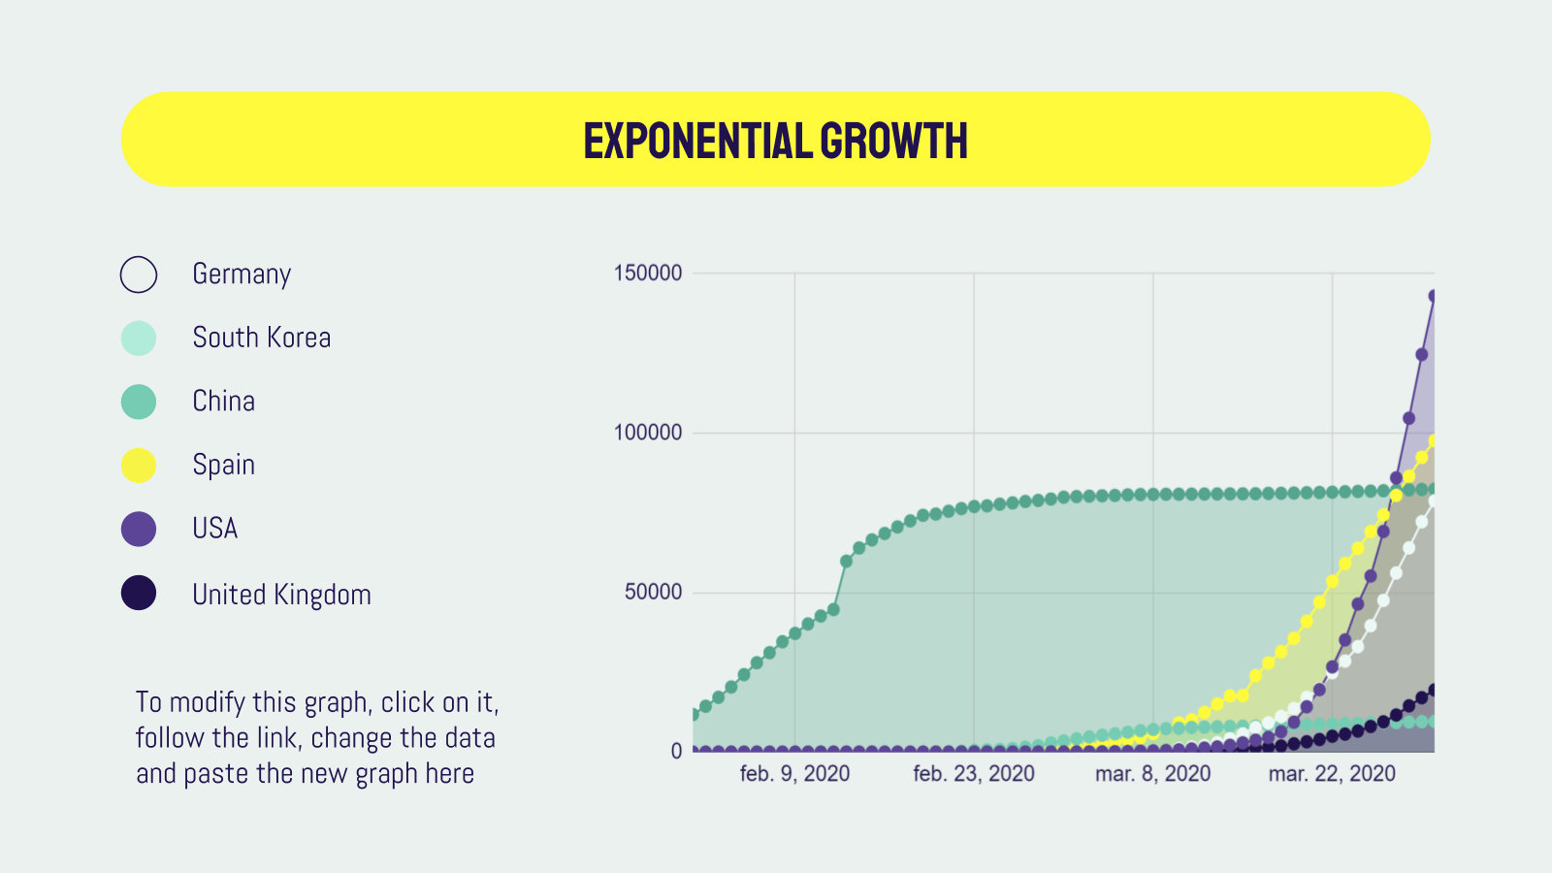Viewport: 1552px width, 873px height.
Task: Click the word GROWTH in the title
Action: click(x=893, y=141)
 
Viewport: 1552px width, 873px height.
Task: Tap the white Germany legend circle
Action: click(x=139, y=275)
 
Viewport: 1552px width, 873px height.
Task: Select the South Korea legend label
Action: click(x=261, y=338)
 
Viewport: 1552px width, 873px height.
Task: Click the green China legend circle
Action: click(x=139, y=402)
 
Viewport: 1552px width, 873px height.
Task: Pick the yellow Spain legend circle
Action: click(x=139, y=466)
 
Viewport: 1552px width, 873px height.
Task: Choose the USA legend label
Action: click(x=214, y=529)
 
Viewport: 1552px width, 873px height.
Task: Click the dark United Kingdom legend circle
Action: click(x=139, y=593)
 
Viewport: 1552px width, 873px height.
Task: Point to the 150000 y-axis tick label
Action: click(x=648, y=274)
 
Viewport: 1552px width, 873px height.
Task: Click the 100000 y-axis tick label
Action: click(x=648, y=433)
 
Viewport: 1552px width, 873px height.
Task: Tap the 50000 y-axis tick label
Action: click(x=653, y=592)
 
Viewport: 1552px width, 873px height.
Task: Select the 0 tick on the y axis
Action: click(x=676, y=752)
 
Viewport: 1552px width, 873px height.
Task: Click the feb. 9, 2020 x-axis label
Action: click(x=794, y=774)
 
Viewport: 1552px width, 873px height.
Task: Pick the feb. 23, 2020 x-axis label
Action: click(x=974, y=774)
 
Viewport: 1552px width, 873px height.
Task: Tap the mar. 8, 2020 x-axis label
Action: click(x=1152, y=774)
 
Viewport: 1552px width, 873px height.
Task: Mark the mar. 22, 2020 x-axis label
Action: click(x=1332, y=774)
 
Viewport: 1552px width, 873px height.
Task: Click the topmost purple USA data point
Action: click(x=1433, y=297)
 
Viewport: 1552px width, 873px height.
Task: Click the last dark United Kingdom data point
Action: click(x=1433, y=691)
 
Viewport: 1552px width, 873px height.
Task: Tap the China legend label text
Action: click(x=223, y=402)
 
